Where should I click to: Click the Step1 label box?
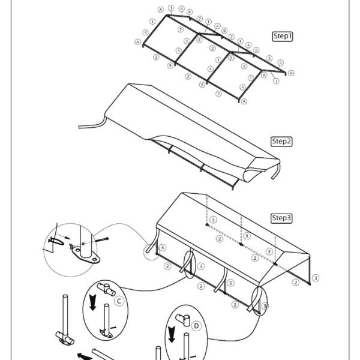[x=282, y=36]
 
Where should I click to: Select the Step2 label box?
[x=281, y=142]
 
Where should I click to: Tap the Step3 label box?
[x=281, y=218]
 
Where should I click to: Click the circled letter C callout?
[x=119, y=301]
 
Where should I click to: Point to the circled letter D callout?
[x=196, y=326]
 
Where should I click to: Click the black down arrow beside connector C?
[x=93, y=302]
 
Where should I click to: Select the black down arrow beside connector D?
[x=172, y=334]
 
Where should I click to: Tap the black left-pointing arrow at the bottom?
[x=85, y=356]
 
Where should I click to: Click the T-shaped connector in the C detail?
[x=106, y=289]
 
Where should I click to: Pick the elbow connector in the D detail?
[x=183, y=319]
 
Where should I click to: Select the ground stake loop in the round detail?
[x=56, y=241]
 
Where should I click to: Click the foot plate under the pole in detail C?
[x=106, y=334]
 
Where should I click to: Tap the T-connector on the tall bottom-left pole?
[x=65, y=338]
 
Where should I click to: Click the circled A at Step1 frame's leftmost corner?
[x=137, y=42]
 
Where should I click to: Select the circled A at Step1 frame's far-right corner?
[x=291, y=73]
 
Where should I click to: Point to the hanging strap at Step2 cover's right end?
[x=277, y=172]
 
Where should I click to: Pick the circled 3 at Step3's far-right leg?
[x=316, y=278]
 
